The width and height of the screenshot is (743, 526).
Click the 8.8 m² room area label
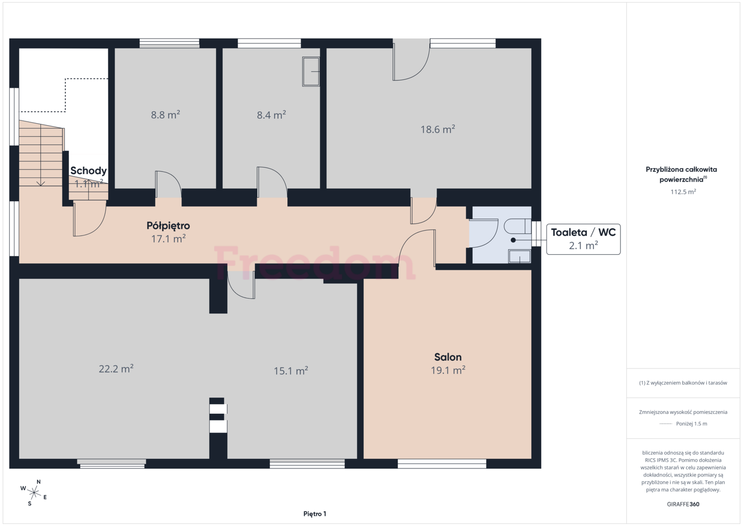tap(165, 115)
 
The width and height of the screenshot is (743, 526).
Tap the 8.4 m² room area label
tap(271, 115)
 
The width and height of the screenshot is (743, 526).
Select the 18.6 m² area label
tap(438, 129)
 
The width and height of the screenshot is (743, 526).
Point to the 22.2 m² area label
tap(116, 368)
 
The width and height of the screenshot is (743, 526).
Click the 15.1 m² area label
tap(291, 371)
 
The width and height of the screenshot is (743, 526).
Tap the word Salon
tap(448, 357)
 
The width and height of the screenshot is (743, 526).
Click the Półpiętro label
tap(168, 226)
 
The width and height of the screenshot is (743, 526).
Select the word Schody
tap(89, 171)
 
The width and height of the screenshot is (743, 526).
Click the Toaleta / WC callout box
tap(583, 239)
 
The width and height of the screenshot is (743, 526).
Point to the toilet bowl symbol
tap(517, 226)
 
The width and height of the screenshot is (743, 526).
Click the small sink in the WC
tap(520, 256)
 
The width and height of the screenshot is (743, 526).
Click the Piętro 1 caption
tap(315, 514)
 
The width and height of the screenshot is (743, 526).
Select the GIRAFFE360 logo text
tap(683, 504)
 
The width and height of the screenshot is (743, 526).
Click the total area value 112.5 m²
tap(683, 192)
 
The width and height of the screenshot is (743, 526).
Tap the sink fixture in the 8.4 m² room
tap(311, 72)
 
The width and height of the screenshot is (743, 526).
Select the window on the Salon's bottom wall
tap(442, 464)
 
